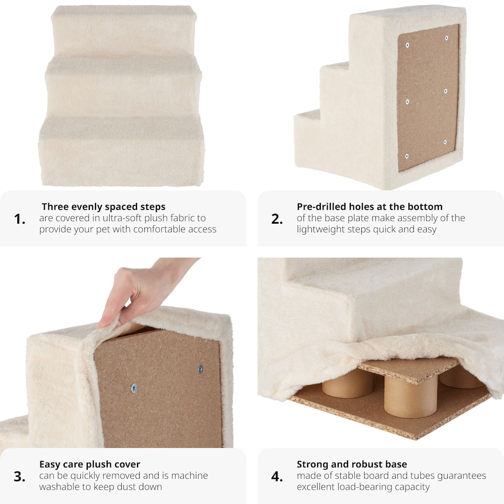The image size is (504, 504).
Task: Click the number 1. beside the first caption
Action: coord(19,219)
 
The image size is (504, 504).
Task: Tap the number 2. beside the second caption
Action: coord(277,219)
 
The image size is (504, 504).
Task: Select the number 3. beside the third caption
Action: coord(19,477)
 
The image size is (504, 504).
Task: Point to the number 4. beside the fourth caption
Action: coord(277,477)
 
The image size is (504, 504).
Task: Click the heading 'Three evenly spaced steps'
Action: coord(103,206)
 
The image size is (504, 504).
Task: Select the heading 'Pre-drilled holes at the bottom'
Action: coord(370,206)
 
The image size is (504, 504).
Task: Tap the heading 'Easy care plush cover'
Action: coord(90,464)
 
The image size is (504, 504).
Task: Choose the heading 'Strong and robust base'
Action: coord(352,464)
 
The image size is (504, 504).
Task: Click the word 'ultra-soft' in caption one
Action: coord(114,218)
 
